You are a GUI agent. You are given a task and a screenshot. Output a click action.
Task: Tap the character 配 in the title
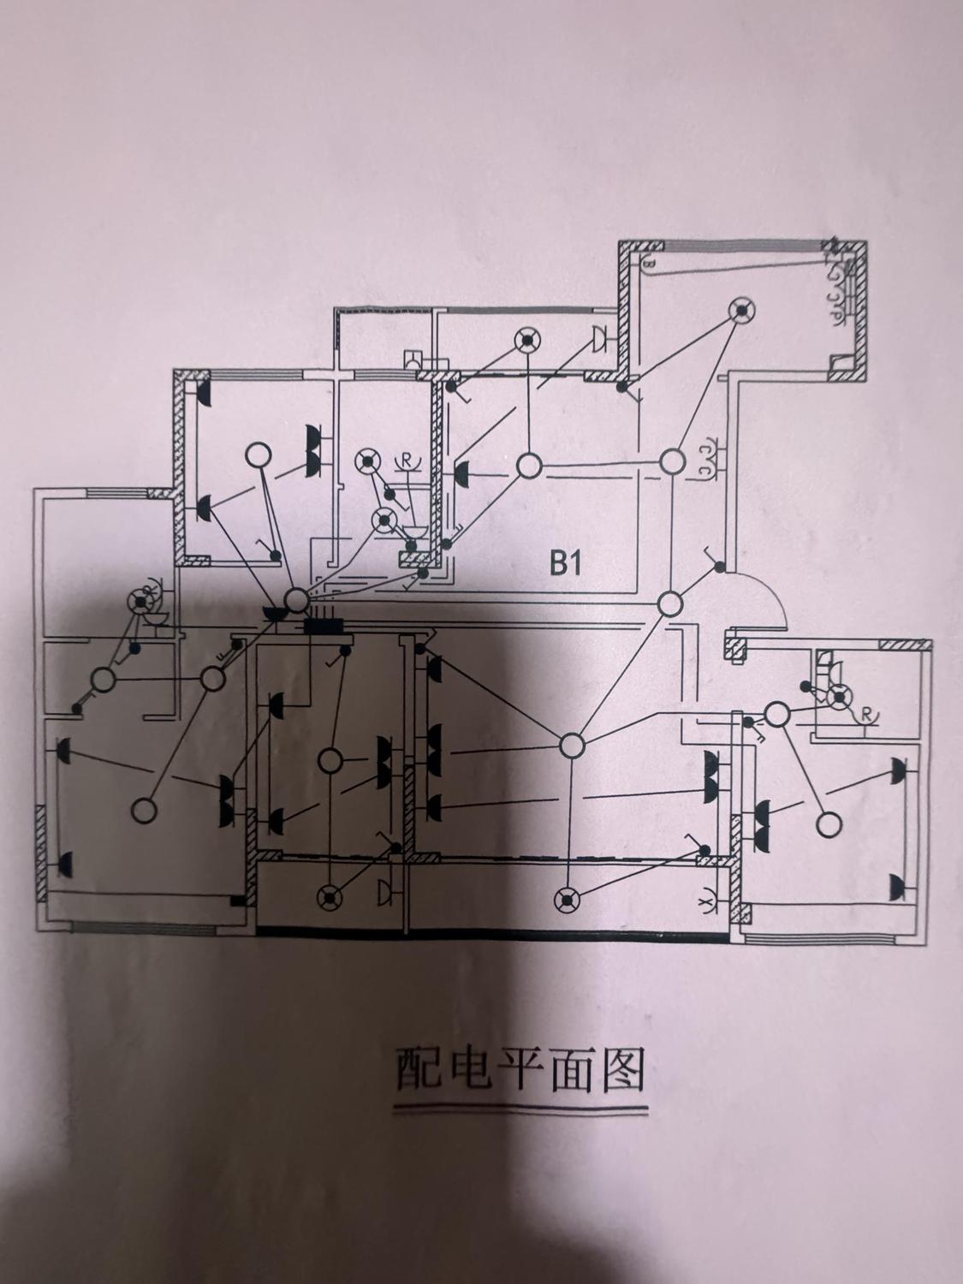coord(418,1069)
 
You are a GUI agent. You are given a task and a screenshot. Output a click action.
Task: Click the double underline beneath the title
coord(520,1112)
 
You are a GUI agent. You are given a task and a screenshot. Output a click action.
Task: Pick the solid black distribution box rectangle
coord(323,627)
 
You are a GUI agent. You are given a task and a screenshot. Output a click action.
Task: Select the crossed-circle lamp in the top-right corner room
coord(741,311)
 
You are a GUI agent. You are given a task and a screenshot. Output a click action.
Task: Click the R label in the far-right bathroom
coord(867,712)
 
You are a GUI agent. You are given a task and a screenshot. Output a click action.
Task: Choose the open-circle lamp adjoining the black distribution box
coord(296,600)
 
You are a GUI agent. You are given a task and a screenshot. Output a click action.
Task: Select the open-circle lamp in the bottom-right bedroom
coord(827,824)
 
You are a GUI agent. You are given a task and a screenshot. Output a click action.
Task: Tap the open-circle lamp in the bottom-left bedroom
coord(145,809)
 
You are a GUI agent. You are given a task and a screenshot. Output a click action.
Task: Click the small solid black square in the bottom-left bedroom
coord(236,901)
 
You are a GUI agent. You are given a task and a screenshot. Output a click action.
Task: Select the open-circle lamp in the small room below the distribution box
coord(330,759)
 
